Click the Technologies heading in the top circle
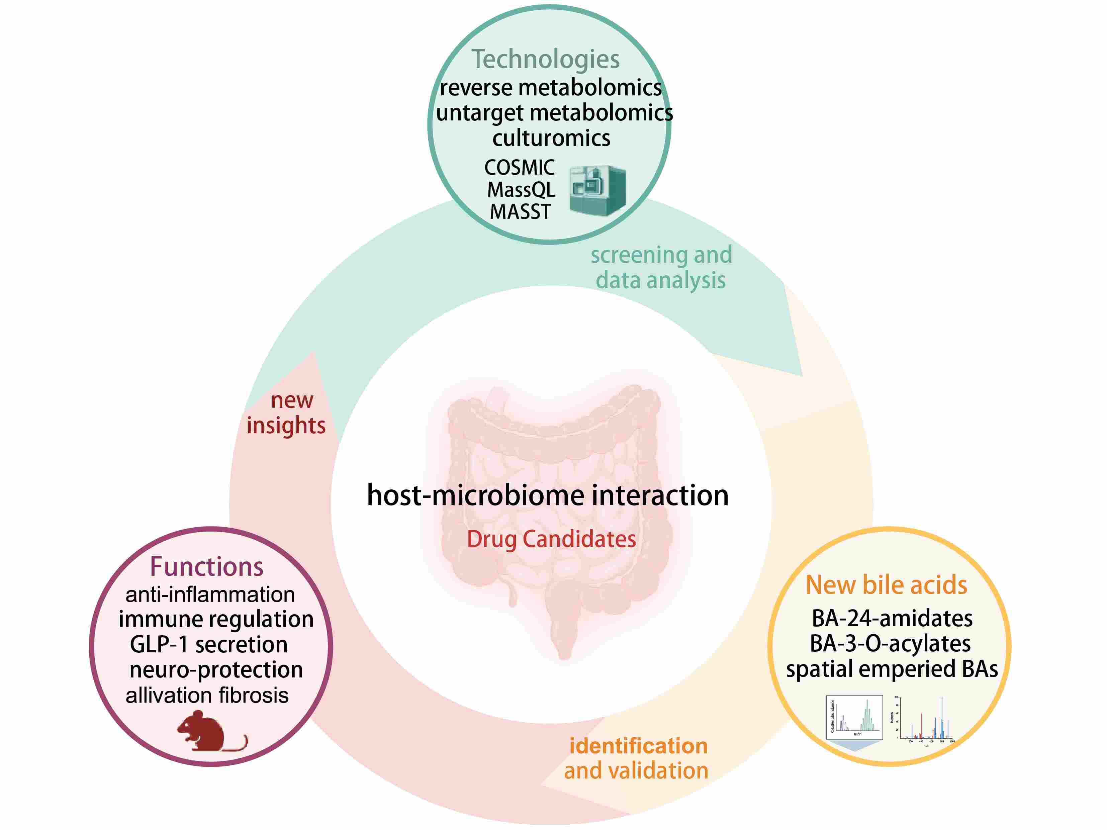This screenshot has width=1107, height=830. coord(546,59)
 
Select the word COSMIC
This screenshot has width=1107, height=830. coord(520,167)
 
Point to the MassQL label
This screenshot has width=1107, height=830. coord(521,190)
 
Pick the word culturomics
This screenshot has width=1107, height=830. coord(551,138)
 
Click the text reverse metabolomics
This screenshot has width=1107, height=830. coord(551,88)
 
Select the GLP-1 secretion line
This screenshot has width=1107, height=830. coord(209,644)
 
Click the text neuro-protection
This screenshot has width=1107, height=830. coord(216,670)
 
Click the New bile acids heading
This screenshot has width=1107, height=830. coord(886,585)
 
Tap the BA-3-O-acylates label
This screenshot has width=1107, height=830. coord(890,644)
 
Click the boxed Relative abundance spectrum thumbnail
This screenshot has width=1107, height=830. coord(854,717)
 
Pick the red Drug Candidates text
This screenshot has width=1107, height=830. coord(552,539)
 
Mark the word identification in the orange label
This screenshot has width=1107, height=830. coord(639,746)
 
